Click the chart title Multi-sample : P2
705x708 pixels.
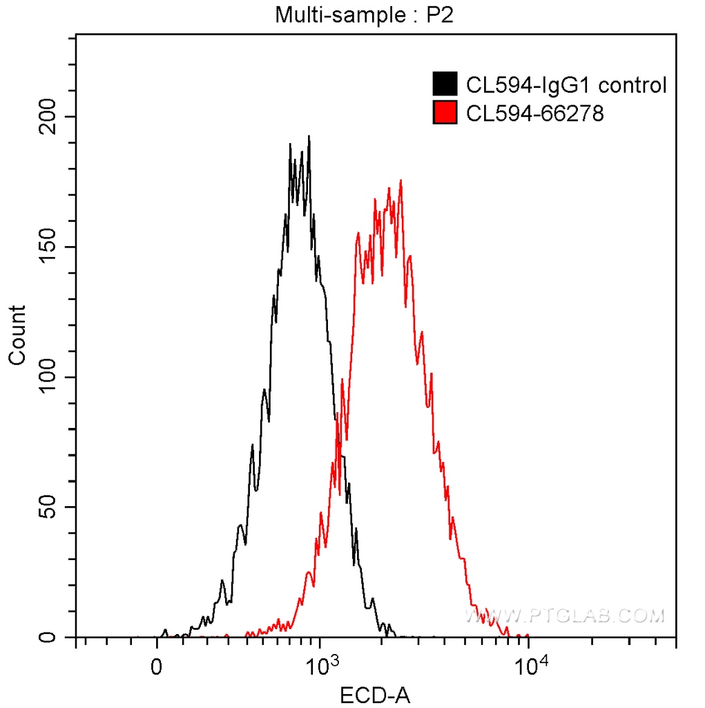click(364, 15)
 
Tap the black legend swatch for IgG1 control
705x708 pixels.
click(445, 85)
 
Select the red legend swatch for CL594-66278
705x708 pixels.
click(445, 112)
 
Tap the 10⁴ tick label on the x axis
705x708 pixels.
click(530, 667)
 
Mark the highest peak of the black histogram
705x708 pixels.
click(309, 137)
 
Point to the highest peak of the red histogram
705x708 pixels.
click(400, 181)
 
